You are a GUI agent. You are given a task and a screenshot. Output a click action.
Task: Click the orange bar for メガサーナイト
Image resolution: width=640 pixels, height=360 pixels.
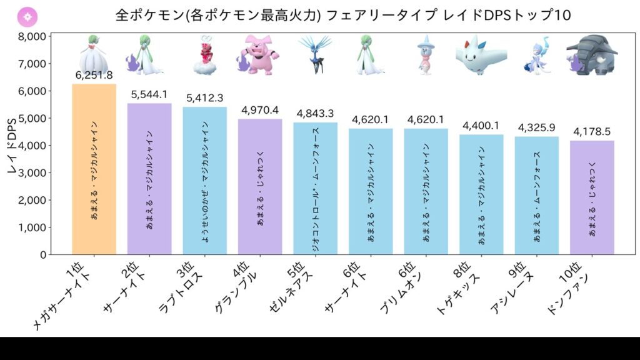94,169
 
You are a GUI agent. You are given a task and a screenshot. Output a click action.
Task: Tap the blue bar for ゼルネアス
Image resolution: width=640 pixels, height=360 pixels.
315,188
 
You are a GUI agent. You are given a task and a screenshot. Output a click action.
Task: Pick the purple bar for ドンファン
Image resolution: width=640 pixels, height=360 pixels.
592,197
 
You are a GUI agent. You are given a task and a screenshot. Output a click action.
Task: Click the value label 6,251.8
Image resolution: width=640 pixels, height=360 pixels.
94,76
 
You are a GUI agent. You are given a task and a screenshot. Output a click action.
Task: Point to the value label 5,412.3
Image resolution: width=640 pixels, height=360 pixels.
204,99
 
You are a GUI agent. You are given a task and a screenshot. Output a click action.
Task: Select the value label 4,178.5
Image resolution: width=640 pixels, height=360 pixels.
592,132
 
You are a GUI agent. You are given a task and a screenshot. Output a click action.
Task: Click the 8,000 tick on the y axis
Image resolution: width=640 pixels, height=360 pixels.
29,36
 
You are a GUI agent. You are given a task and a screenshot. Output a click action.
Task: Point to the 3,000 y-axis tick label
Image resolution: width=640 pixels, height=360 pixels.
29,172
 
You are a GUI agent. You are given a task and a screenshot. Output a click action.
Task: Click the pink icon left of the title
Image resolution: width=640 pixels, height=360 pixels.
30,16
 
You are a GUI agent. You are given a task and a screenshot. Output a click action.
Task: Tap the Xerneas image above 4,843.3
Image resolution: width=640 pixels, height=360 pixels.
315,54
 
